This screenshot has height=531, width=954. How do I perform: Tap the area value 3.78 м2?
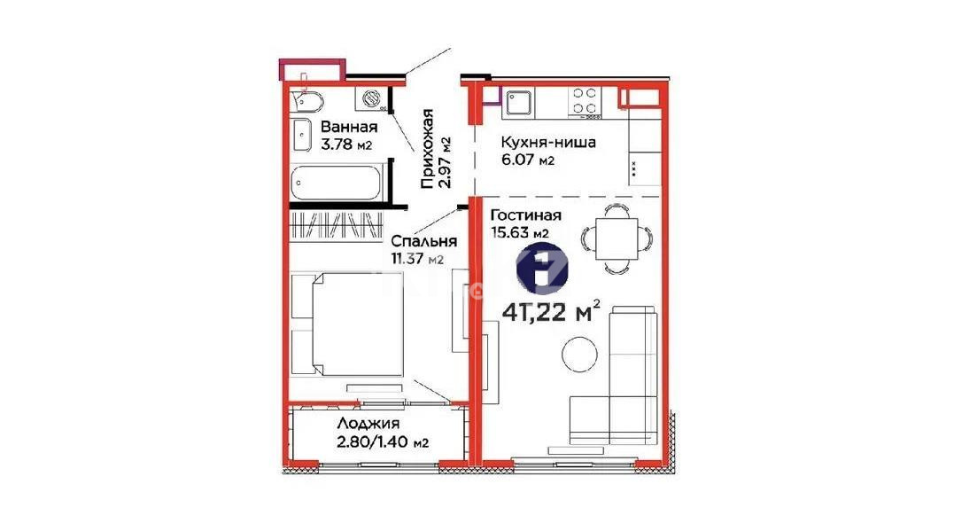click(346, 145)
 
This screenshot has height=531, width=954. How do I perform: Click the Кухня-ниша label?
click(547, 143)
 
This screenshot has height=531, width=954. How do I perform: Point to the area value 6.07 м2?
click(528, 160)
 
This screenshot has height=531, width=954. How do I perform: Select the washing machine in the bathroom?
click(373, 98)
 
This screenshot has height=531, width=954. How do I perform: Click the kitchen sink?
click(518, 104)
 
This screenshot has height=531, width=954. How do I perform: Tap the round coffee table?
click(581, 352)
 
